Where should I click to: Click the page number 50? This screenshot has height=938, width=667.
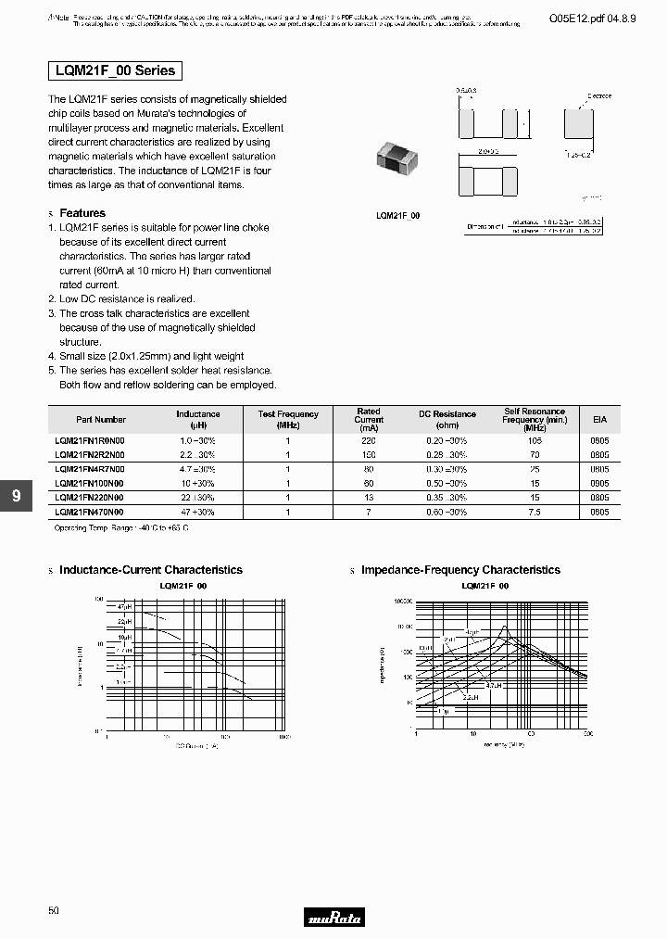pyautogui.click(x=53, y=911)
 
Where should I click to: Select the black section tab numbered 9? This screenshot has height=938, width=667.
pyautogui.click(x=16, y=496)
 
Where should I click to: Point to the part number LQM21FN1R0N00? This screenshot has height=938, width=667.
pyautogui.click(x=89, y=442)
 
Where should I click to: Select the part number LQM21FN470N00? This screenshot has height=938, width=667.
pyautogui.click(x=89, y=512)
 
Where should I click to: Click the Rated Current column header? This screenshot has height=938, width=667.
pyautogui.click(x=369, y=419)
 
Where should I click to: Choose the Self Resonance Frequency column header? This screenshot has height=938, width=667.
pyautogui.click(x=534, y=419)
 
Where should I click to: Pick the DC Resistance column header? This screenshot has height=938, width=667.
pyautogui.click(x=447, y=414)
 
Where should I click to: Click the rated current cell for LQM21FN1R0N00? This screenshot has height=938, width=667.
pyautogui.click(x=369, y=442)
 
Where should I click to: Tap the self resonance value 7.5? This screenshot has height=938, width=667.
pyautogui.click(x=535, y=512)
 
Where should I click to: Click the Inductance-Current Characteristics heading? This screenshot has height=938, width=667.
pyautogui.click(x=150, y=570)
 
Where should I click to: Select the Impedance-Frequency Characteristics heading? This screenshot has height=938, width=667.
pyautogui.click(x=460, y=570)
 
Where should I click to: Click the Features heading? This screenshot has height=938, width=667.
pyautogui.click(x=82, y=213)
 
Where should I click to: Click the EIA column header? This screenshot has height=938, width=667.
pyautogui.click(x=599, y=419)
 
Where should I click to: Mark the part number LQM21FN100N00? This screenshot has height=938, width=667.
pyautogui.click(x=89, y=484)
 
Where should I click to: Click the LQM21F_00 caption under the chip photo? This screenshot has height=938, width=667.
pyautogui.click(x=397, y=215)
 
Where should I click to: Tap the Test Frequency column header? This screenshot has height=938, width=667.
pyautogui.click(x=288, y=419)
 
